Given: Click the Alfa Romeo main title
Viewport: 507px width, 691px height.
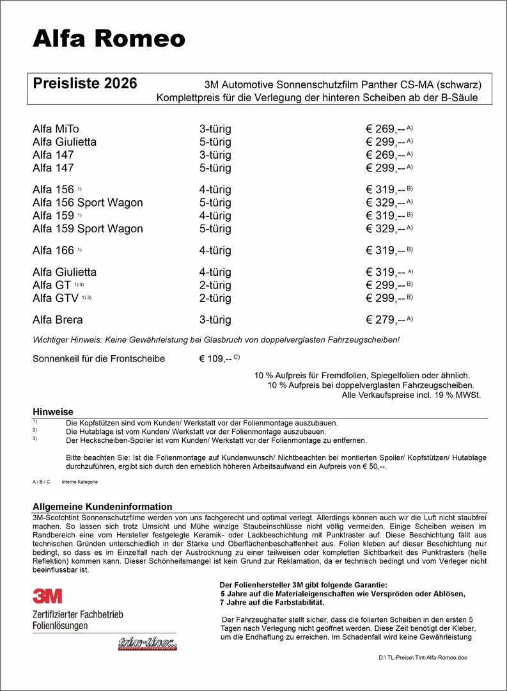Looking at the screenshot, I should (109, 39).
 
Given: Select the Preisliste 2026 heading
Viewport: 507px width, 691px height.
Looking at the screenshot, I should (84, 84).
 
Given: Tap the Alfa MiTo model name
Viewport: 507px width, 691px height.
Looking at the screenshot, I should (56, 129).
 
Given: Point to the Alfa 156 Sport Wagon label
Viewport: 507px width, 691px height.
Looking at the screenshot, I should (88, 203).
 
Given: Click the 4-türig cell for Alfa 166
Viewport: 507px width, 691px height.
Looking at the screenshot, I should (215, 250).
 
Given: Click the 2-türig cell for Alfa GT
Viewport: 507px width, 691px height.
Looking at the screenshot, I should (215, 285).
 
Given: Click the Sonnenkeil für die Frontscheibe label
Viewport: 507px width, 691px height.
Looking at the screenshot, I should (98, 359).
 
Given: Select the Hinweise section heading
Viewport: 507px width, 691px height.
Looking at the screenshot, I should (53, 412).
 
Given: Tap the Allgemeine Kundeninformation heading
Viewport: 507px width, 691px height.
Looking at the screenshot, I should (102, 507).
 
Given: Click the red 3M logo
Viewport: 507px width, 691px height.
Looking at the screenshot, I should (48, 596).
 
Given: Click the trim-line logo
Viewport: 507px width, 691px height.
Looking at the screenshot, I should (147, 644).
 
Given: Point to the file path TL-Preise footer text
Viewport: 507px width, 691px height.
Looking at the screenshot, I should (423, 658).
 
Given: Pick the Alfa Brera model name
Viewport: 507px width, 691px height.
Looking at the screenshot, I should (58, 320).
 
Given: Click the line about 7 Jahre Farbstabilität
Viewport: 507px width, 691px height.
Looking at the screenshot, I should (272, 603).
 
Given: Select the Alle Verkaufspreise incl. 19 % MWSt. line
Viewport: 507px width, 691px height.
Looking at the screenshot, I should (411, 395).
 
